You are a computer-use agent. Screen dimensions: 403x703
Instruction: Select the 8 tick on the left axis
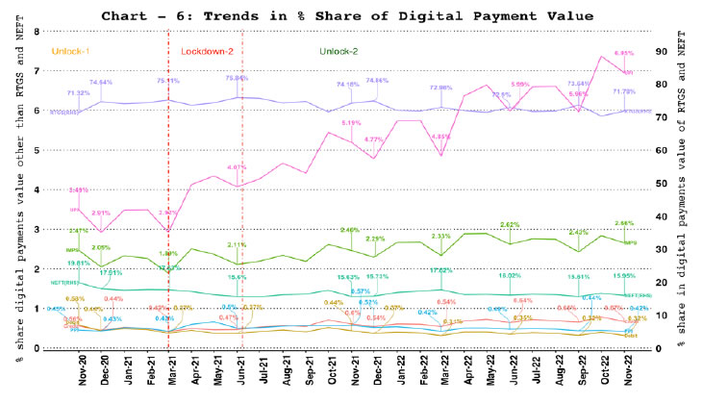click(x=36, y=31)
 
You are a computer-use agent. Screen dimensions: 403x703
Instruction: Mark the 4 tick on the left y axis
click(x=36, y=189)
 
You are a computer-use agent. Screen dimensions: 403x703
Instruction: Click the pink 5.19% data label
click(x=350, y=122)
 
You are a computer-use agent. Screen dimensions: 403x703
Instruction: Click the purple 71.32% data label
click(x=79, y=93)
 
